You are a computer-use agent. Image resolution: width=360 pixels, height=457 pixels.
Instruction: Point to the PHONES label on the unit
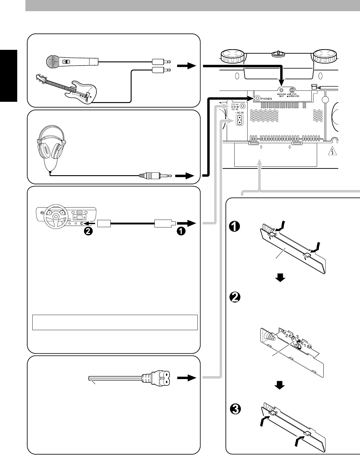click(266, 98)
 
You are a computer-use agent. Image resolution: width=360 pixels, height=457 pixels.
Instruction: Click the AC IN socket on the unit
click(240, 121)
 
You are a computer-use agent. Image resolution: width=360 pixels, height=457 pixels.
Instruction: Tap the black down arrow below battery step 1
click(281, 278)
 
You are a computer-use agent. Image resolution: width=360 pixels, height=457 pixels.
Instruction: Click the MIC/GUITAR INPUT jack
click(281, 90)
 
